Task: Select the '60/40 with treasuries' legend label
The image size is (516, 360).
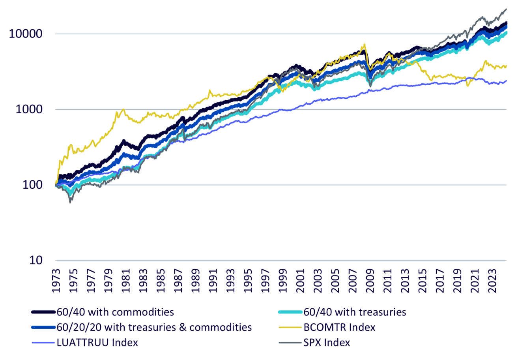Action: pyautogui.click(x=355, y=312)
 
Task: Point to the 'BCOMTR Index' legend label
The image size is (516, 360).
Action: pyautogui.click(x=339, y=327)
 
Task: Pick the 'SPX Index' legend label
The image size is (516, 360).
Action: pyautogui.click(x=327, y=342)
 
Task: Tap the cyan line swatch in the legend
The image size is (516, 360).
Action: pyautogui.click(x=290, y=312)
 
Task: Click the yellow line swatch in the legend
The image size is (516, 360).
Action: pyautogui.click(x=290, y=327)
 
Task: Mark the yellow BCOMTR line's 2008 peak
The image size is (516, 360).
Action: pyautogui.click(x=365, y=44)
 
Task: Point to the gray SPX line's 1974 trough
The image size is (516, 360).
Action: pyautogui.click(x=70, y=202)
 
